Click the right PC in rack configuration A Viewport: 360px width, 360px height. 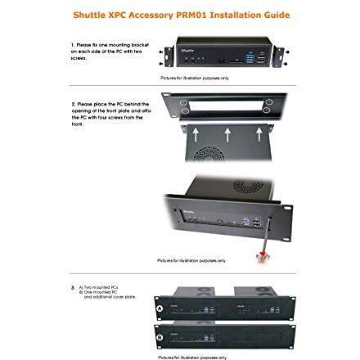coord(254,308)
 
